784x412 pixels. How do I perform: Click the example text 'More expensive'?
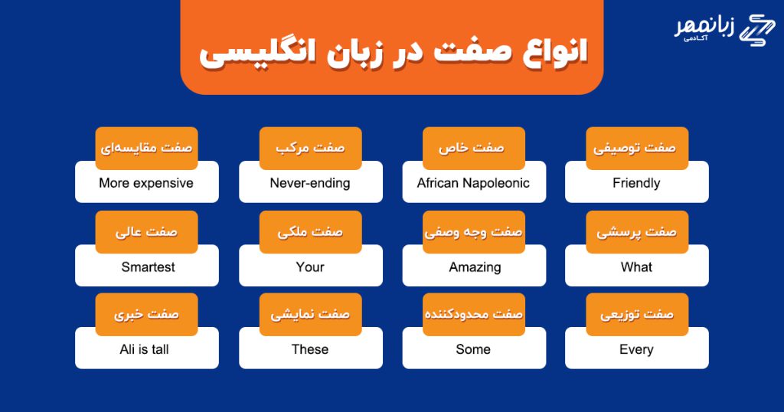point(146,183)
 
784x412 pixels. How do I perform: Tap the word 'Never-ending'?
point(310,183)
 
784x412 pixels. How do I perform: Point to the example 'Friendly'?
point(636,183)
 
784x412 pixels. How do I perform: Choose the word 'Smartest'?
point(148,267)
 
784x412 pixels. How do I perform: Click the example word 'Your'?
point(310,267)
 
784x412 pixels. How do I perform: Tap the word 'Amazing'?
point(475,267)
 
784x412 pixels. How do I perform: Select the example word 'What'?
point(636,267)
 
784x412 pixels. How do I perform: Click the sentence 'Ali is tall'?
point(144,349)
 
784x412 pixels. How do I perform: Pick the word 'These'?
point(310,349)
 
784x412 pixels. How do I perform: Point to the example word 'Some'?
point(473,349)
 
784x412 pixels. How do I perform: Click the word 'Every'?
point(636,349)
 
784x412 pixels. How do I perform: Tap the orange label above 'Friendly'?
point(637,148)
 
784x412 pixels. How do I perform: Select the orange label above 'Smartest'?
point(146,232)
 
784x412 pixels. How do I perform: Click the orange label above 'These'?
point(311,315)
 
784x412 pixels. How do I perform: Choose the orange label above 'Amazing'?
point(473,232)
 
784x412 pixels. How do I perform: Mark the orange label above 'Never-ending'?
point(311,148)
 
